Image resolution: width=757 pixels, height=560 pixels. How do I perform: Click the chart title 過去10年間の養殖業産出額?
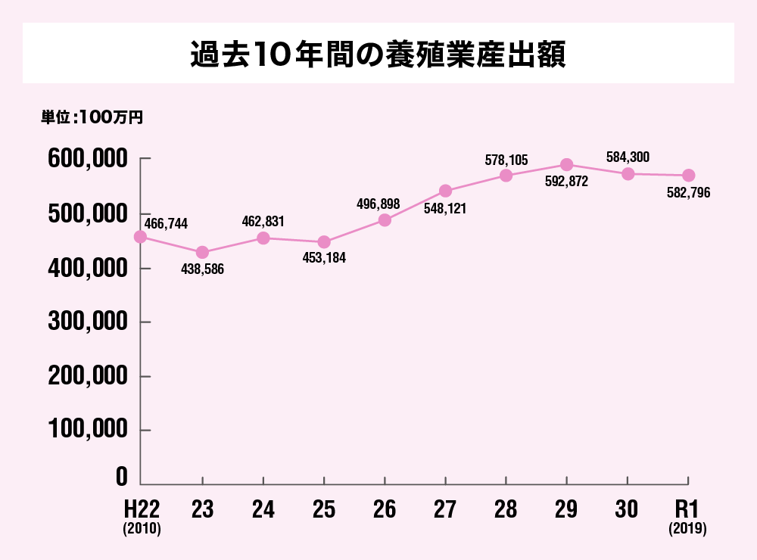point(378,54)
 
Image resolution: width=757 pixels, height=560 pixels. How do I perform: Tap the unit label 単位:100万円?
point(92,117)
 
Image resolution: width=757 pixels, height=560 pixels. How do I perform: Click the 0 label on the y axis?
point(122,477)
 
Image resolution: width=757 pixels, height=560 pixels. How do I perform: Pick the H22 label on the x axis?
point(142,509)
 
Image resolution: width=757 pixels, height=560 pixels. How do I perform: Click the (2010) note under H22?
point(142,530)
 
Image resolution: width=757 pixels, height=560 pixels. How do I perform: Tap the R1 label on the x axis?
point(687,509)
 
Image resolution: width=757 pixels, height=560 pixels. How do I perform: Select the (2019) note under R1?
point(687,530)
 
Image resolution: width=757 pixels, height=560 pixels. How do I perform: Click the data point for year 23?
point(202,252)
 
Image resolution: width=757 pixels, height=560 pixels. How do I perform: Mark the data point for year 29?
point(566,165)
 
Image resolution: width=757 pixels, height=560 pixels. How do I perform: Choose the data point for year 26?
point(385,220)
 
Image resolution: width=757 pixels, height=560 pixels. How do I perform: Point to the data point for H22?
point(141,237)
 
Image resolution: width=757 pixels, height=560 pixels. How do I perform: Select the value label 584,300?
point(628,157)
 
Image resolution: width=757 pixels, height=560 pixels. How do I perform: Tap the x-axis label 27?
point(445,509)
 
